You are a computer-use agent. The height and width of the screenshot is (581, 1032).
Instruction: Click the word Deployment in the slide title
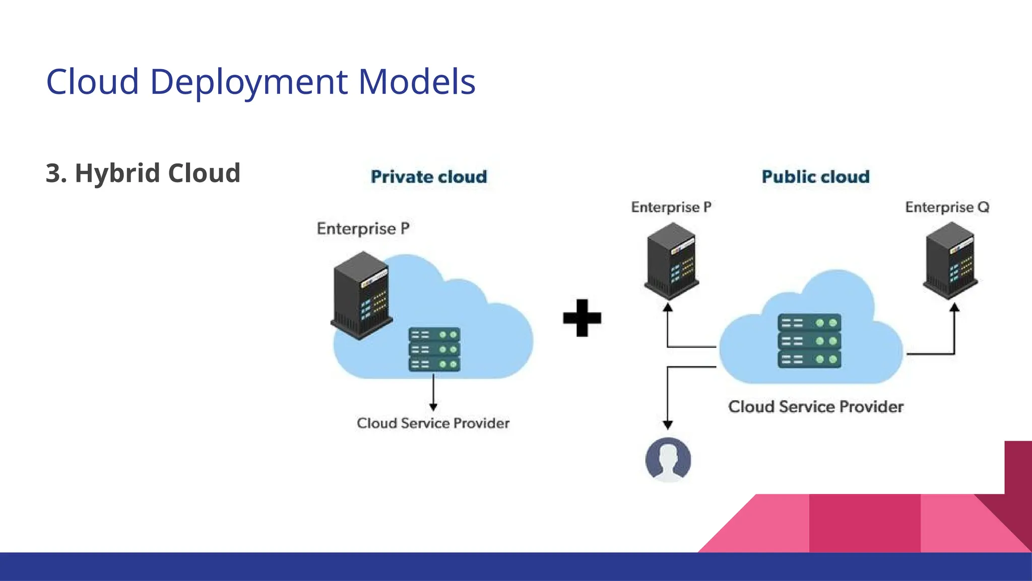248,82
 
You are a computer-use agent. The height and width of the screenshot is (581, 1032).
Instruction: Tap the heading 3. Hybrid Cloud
143,173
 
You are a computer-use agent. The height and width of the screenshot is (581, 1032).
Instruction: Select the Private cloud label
429,177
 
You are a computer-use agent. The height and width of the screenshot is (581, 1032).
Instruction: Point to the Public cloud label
815,177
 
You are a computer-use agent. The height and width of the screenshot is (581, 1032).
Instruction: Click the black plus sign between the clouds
582,318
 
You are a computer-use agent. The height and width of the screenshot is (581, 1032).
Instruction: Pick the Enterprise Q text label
947,207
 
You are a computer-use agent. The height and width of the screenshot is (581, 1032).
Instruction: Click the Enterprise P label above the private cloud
363,228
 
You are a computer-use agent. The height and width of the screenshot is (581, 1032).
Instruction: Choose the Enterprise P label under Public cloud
671,207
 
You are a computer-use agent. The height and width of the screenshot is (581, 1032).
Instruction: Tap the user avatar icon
668,459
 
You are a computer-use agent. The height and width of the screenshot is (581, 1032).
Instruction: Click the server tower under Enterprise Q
950,261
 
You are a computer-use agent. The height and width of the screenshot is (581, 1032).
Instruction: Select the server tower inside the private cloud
361,296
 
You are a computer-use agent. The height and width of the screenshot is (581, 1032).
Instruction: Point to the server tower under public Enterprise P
671,261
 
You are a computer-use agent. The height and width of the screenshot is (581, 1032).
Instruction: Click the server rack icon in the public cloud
809,341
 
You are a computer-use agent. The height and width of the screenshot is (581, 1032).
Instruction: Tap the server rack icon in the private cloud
434,350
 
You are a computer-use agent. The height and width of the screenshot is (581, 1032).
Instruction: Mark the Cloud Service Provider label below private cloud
433,423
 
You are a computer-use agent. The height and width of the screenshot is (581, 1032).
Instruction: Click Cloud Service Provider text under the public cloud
815,406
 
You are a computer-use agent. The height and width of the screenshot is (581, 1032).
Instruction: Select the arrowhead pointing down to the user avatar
668,425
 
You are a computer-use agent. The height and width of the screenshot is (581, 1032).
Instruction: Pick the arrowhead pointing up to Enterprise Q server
954,307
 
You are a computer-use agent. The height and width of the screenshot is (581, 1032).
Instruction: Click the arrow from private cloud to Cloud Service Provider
433,393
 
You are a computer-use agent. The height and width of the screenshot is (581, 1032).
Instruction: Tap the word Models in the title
417,82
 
